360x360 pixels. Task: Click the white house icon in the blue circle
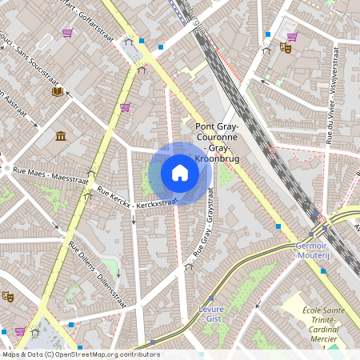tap(180, 173)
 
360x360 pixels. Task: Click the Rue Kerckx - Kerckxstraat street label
tap(136, 199)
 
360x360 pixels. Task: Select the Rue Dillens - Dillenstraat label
tap(94, 264)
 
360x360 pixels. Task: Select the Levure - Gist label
tap(211, 314)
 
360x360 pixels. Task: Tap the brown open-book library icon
tap(58, 92)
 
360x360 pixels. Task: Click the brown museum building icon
tap(61, 135)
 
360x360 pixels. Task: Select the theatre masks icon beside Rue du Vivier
tap(285, 48)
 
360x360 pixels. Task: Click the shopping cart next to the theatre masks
tap(292, 36)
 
